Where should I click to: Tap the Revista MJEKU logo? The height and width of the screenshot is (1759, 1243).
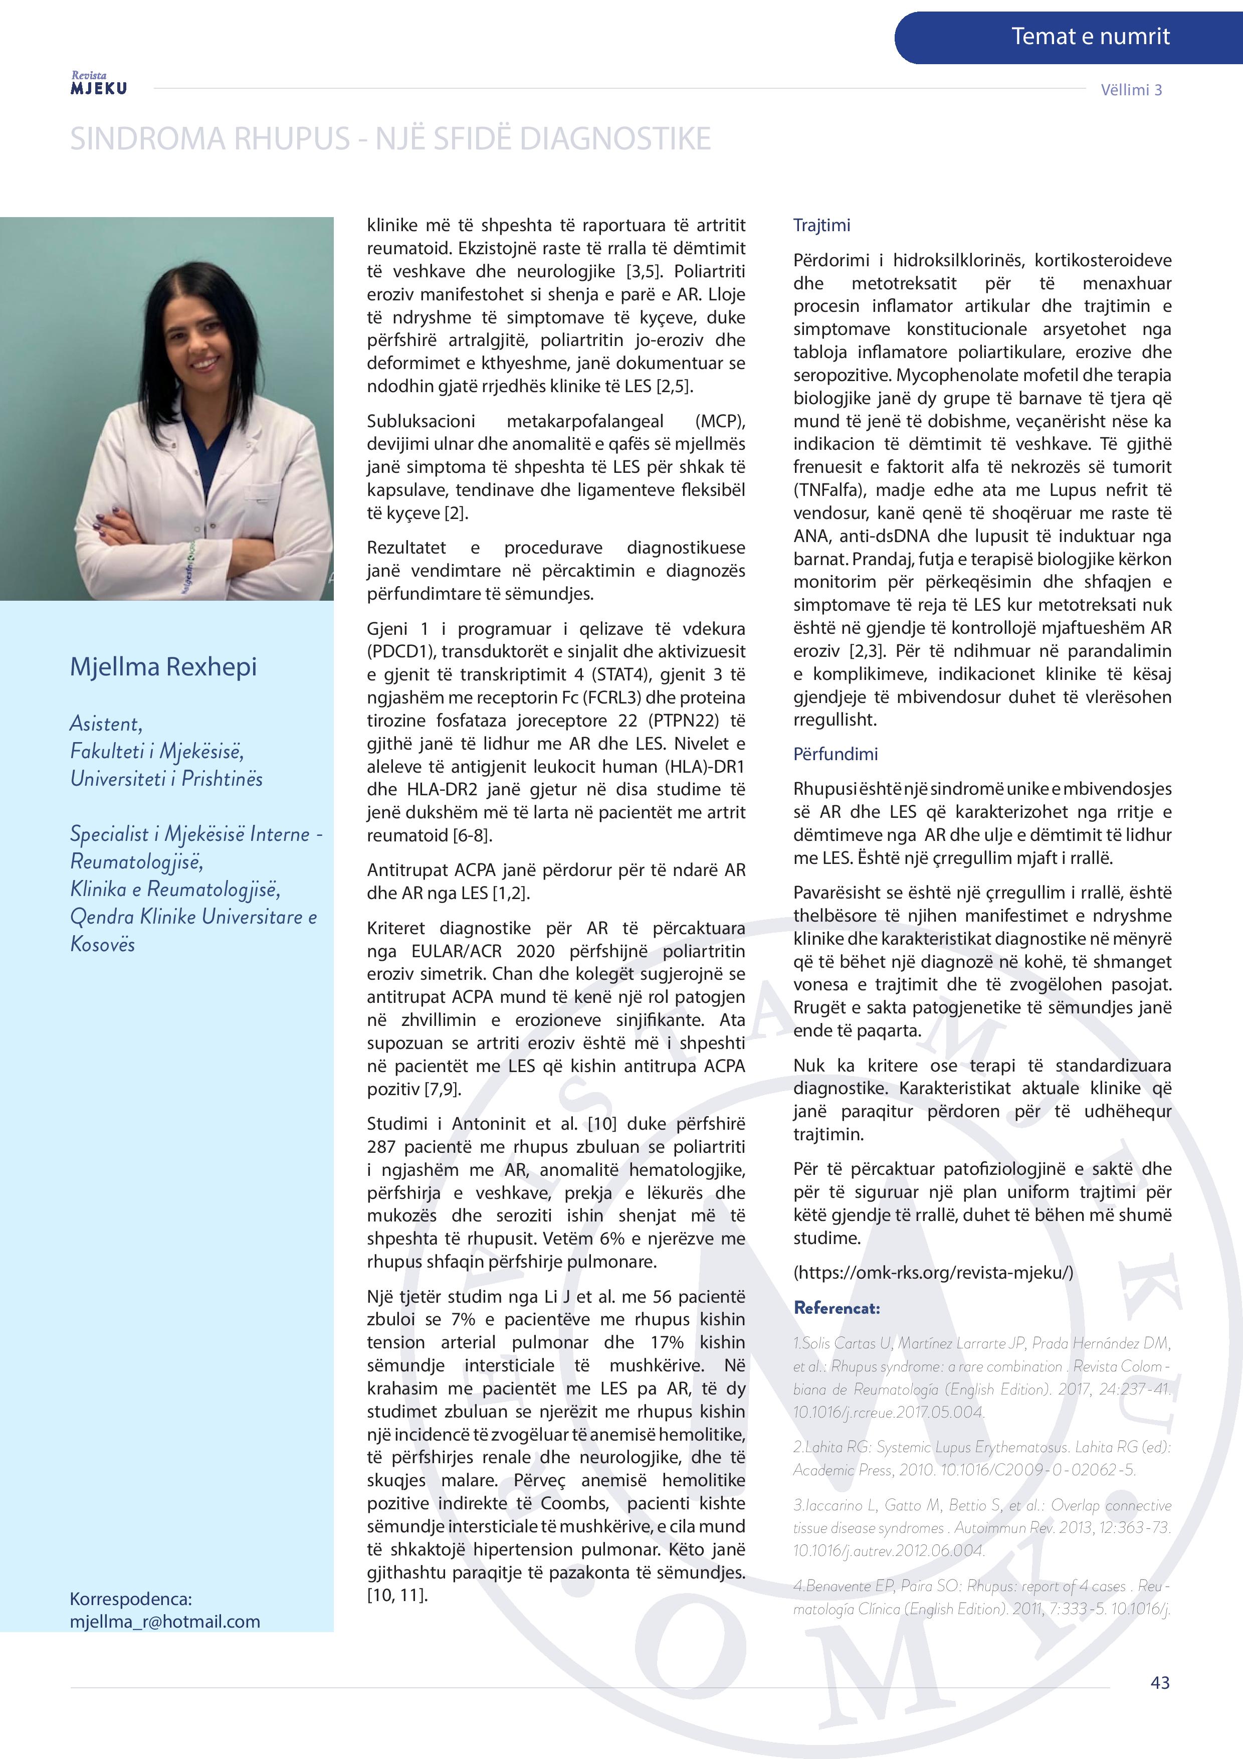point(99,84)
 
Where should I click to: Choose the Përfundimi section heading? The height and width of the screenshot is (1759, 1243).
point(836,754)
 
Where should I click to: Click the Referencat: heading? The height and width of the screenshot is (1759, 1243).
point(837,1308)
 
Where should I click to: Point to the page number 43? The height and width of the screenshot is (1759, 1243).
point(1159,1682)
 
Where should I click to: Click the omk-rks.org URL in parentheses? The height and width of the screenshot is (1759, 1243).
point(933,1273)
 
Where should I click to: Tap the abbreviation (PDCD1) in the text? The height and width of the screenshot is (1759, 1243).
point(399,652)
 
